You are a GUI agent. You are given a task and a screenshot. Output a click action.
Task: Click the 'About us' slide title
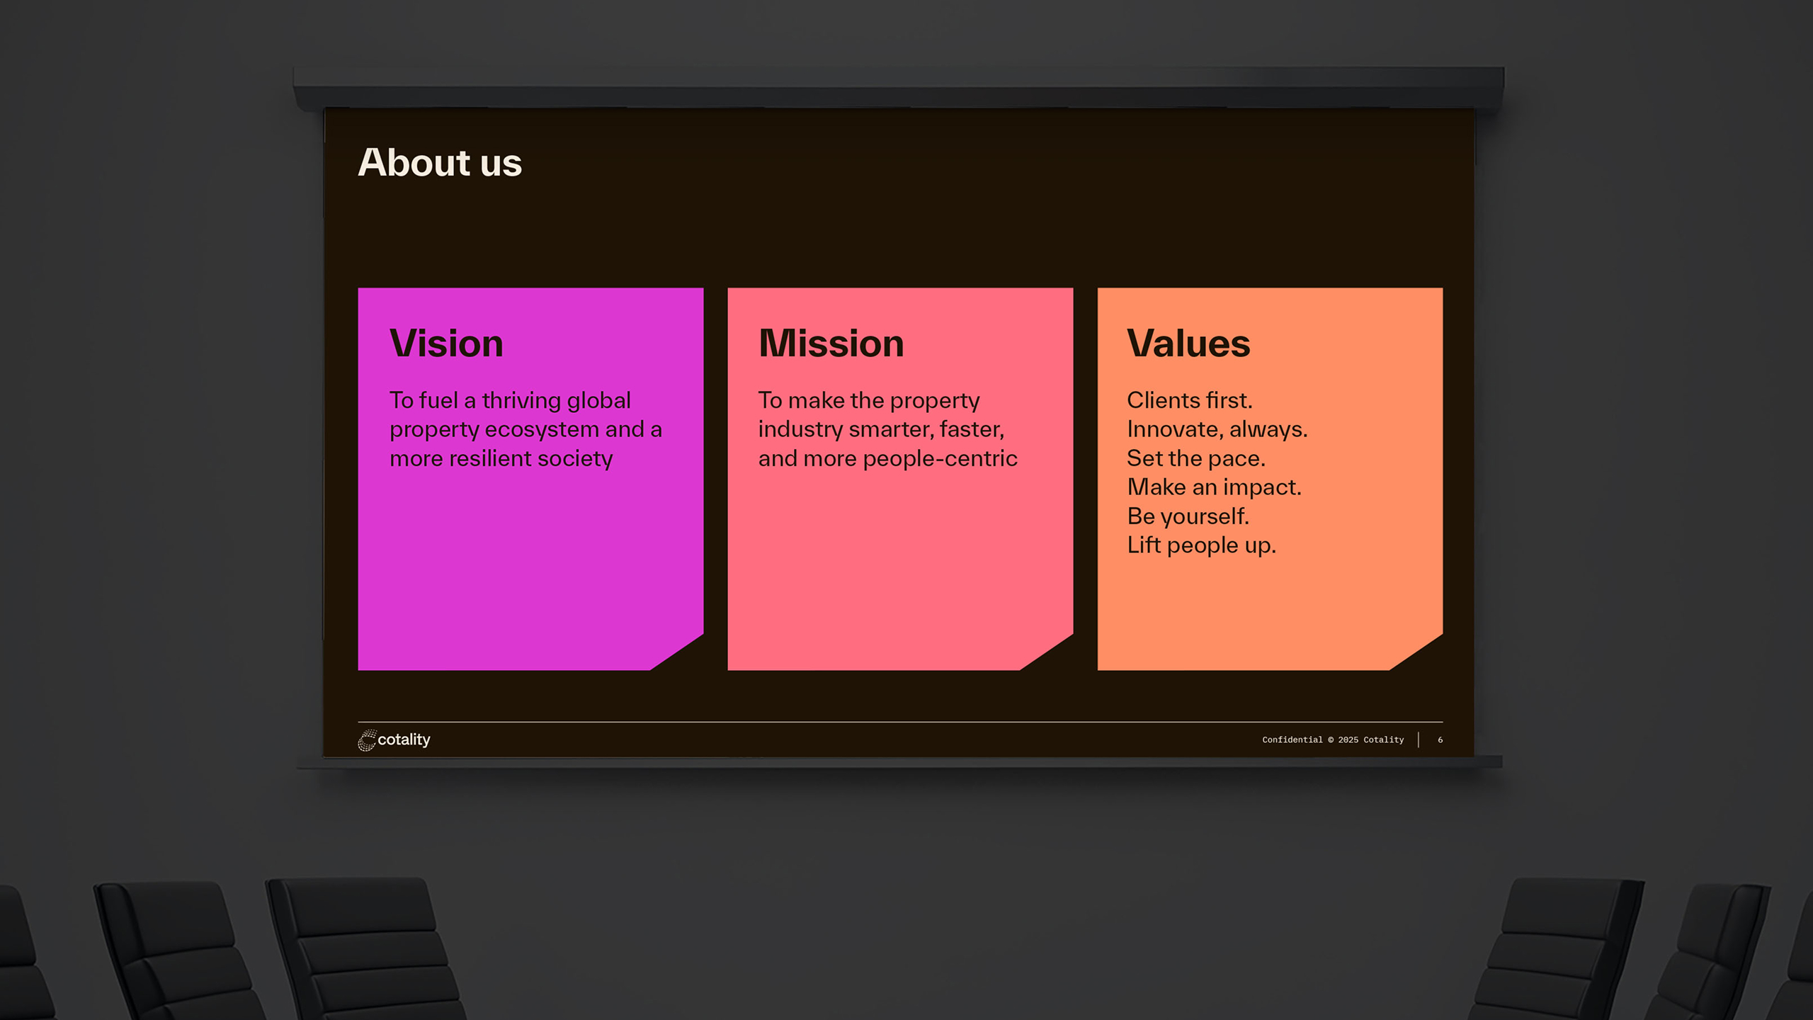click(440, 162)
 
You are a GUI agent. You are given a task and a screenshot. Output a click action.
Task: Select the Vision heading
click(446, 344)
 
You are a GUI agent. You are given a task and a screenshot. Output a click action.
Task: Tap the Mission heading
click(831, 344)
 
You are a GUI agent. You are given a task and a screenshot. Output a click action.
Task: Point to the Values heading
click(1188, 344)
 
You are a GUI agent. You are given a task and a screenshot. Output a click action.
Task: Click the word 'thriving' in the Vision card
click(521, 401)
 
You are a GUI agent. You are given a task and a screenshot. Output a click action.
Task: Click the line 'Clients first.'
click(1190, 400)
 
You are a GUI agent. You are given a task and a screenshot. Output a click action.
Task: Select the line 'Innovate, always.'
click(1217, 429)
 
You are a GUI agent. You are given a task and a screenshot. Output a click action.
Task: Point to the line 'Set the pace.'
click(1196, 458)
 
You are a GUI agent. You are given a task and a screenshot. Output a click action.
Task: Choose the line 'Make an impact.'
click(1215, 487)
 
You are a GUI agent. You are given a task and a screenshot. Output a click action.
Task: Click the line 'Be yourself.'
click(1188, 516)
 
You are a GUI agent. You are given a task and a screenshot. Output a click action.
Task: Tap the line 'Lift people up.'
click(1202, 545)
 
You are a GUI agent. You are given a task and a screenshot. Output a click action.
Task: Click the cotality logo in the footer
click(394, 739)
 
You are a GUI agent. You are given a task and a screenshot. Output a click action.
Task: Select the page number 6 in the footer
click(1440, 739)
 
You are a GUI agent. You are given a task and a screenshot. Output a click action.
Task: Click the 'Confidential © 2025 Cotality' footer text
click(1333, 739)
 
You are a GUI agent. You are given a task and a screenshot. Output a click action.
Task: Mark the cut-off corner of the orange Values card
click(1416, 652)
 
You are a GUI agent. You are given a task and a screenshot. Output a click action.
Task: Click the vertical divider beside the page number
click(1419, 739)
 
